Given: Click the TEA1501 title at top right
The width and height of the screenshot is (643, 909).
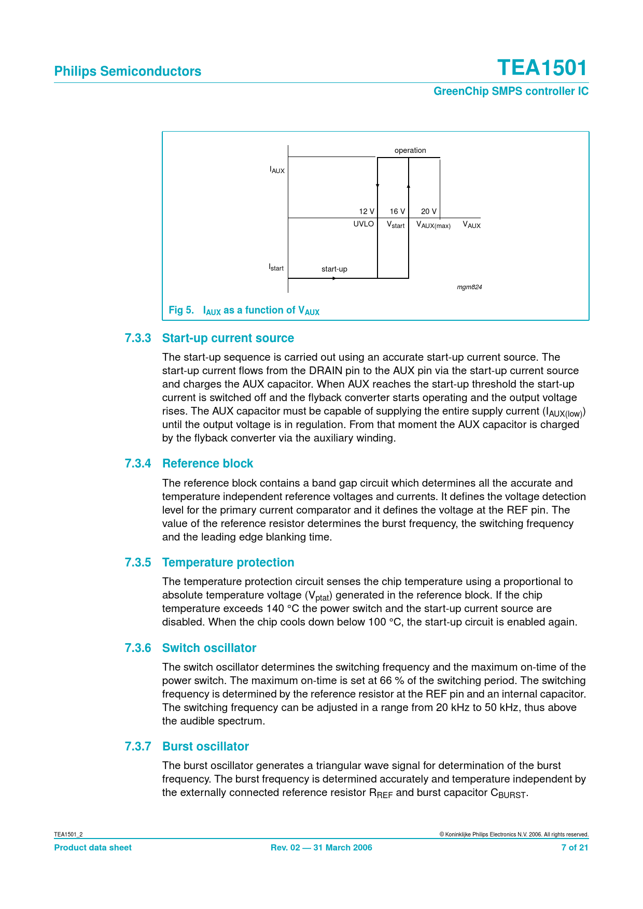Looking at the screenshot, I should [542, 68].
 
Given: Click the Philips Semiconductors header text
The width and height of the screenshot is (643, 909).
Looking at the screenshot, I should [128, 72].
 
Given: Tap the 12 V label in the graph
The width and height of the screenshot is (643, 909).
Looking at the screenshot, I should [367, 211].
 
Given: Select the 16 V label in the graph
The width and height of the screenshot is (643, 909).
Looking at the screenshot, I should [397, 211].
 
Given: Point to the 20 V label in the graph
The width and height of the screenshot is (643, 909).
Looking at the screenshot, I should [428, 211].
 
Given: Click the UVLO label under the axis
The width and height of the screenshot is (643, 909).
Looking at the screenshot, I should [364, 224].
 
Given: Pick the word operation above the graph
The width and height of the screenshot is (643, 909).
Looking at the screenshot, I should [410, 150].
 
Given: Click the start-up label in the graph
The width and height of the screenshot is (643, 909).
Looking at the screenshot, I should [334, 269].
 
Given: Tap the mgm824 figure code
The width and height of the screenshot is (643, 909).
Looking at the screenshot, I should [469, 287].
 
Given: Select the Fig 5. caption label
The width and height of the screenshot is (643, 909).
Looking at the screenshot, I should [181, 310].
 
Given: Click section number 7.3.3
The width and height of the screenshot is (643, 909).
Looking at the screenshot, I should [138, 338].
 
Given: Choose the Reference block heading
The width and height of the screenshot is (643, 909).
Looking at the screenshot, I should [207, 464].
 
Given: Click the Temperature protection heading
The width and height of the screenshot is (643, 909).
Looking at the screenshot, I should [228, 563].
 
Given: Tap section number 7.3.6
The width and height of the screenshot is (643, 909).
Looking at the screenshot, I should [138, 648].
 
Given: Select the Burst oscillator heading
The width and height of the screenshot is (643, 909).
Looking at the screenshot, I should [205, 747].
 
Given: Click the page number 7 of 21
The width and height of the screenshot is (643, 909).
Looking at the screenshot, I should [575, 848].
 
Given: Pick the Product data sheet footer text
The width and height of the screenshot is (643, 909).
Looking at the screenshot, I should [93, 848].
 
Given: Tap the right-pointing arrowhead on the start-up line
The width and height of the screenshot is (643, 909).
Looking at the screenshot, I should [334, 278].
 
